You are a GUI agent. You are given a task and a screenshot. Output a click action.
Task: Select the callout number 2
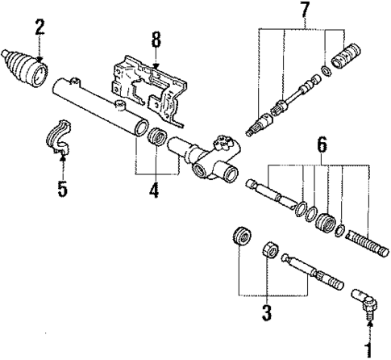point(38,27)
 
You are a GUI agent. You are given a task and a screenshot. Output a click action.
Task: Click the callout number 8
point(156,38)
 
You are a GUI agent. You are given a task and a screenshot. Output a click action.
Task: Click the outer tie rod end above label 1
point(364,303)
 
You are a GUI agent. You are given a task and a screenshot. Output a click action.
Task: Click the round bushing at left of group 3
point(239,238)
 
